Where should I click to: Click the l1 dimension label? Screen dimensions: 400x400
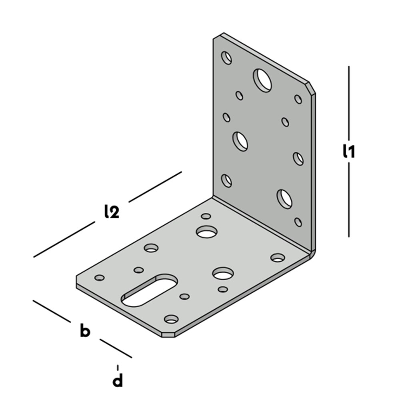[x=348, y=151]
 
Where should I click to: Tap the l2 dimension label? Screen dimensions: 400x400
[x=112, y=212]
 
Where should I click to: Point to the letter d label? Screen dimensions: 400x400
[x=118, y=380]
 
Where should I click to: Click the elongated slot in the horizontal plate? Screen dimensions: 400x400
[x=149, y=290]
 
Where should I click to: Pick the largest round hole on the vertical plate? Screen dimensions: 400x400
[x=262, y=80]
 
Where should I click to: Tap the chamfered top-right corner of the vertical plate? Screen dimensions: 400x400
[x=312, y=88]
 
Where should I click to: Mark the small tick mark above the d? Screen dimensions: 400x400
[x=118, y=368]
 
